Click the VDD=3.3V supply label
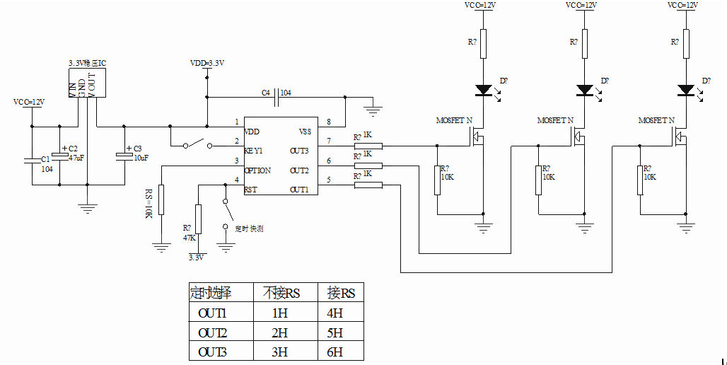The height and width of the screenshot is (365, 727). (x=207, y=63)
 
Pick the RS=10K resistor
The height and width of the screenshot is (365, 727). (x=161, y=199)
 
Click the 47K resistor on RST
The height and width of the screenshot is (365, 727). (x=198, y=219)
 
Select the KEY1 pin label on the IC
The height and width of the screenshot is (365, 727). (x=254, y=151)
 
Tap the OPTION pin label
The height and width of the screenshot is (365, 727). (x=257, y=170)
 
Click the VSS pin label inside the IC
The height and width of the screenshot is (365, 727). (x=305, y=132)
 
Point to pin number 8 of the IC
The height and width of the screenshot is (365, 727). (x=328, y=122)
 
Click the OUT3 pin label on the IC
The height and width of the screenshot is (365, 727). (x=300, y=151)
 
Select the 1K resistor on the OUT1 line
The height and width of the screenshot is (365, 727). (x=368, y=185)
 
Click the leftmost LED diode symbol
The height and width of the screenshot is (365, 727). (x=484, y=90)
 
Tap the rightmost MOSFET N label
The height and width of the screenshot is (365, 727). (x=656, y=121)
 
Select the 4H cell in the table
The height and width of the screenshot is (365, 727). (x=335, y=313)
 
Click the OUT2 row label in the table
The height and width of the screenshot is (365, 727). (x=211, y=332)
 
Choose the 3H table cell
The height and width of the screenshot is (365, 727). (x=279, y=352)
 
